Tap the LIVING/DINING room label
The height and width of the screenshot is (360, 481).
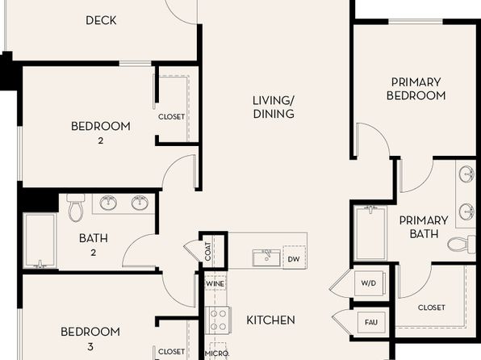coord(274,107)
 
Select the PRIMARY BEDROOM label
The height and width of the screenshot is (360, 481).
coord(416,89)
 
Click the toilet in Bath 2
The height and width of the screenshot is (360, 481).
coord(76,207)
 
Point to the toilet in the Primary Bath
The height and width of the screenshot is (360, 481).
coord(462,244)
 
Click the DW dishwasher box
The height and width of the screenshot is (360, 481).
coord(294,257)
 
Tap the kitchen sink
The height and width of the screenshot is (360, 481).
coord(266,257)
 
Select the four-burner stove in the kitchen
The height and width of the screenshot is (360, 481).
coord(217,320)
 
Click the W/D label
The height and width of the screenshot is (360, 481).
coord(369,283)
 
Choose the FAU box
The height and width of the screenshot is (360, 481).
coord(371,322)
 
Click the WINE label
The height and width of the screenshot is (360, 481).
coord(215,284)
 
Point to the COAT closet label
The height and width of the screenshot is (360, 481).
coord(208,252)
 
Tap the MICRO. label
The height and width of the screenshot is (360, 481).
coord(217,354)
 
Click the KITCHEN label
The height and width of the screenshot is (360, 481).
coord(270,320)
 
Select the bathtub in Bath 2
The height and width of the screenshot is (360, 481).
coord(40,241)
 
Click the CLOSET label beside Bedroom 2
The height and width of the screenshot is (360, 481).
coord(171,117)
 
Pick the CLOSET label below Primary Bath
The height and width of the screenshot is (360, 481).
coord(431,308)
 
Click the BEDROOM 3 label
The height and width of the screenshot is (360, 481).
coord(90,338)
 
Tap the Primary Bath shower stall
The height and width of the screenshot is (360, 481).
coord(370,233)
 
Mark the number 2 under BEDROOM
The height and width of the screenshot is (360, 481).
coord(101,141)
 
